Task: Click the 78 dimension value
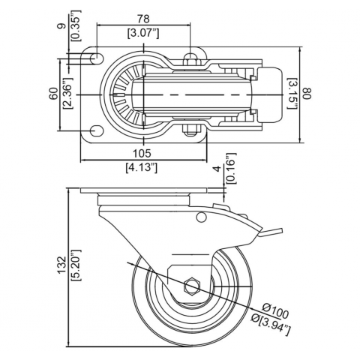pos(143,19)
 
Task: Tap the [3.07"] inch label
pos(143,33)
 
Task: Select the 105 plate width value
pos(142,153)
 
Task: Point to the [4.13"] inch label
pos(142,167)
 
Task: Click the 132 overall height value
pos(62,265)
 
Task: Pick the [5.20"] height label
pos(76,265)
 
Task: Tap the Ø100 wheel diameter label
pos(276,310)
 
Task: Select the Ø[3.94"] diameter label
pos(271,325)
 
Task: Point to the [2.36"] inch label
pos(67,93)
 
